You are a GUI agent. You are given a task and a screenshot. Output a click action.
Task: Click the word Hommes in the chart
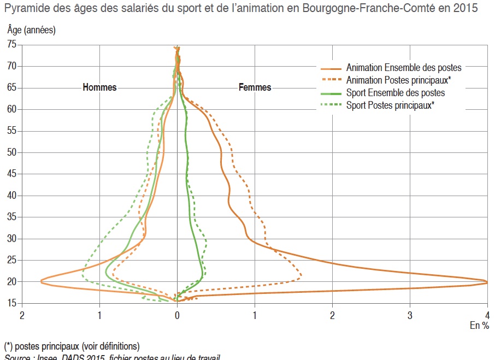[x=99, y=87]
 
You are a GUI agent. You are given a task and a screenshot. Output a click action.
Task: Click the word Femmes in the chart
[x=255, y=87]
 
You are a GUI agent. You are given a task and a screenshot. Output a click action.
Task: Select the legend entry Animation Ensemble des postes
[x=404, y=68]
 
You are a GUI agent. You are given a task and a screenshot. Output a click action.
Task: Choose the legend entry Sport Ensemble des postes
[x=396, y=93]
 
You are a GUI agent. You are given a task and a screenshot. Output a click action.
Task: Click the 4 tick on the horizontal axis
[x=487, y=315]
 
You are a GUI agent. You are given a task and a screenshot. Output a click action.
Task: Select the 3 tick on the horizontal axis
[x=410, y=315]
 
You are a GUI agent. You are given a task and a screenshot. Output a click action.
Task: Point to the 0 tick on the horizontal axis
[x=177, y=315]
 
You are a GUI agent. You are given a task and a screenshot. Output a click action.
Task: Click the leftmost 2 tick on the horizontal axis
[x=22, y=315]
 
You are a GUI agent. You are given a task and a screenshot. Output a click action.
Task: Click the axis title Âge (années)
[x=31, y=30]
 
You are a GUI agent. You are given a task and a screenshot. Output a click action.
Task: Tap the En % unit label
[x=480, y=325]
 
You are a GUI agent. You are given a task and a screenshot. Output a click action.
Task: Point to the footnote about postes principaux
[x=72, y=346]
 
